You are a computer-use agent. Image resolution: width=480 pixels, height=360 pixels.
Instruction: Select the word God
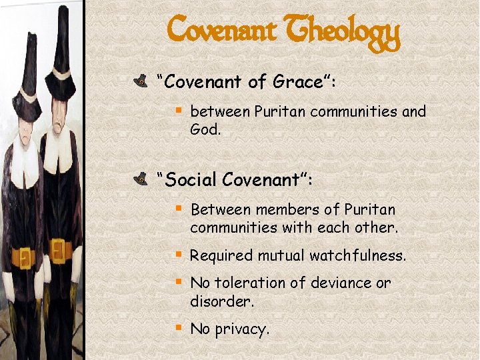205,129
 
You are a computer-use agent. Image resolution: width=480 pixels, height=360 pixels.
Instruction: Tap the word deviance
331,283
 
